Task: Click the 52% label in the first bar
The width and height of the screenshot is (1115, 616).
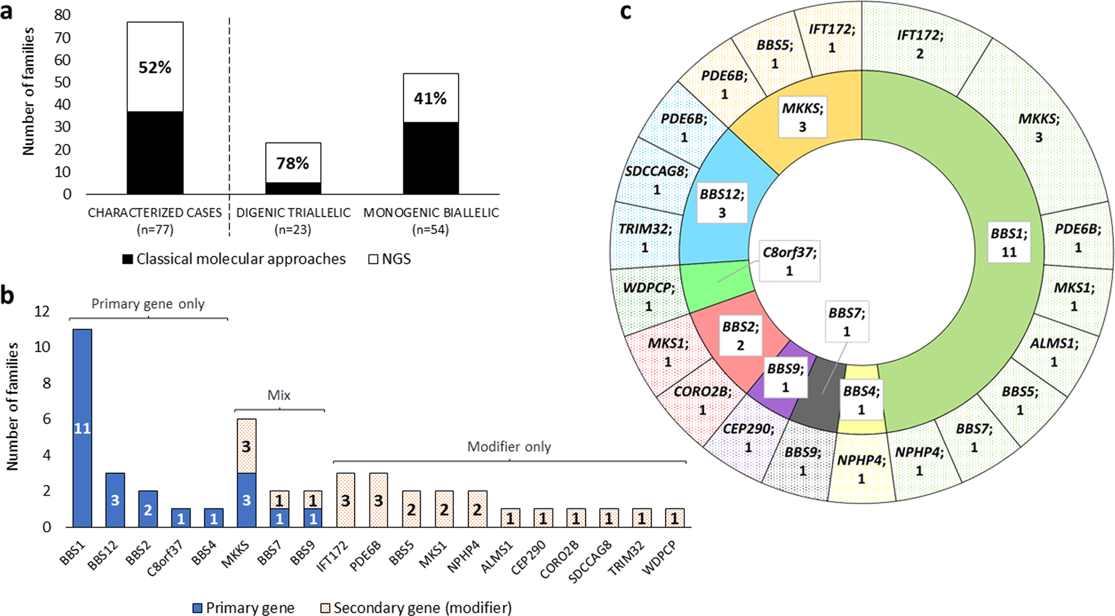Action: (x=155, y=68)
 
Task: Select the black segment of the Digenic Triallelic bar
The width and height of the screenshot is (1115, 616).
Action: (x=293, y=188)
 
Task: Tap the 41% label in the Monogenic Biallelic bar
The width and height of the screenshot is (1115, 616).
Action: (x=430, y=98)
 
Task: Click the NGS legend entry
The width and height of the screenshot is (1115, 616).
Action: (x=390, y=259)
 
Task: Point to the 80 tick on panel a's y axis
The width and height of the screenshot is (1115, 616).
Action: (x=62, y=15)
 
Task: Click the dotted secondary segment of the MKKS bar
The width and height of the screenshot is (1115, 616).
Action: (x=246, y=447)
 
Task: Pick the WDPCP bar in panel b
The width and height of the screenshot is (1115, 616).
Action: (x=675, y=518)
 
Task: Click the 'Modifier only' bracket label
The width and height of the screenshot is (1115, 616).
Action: (x=509, y=447)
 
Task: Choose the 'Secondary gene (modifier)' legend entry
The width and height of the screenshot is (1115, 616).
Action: (x=416, y=607)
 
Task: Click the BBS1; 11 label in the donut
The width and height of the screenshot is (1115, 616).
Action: (x=1008, y=242)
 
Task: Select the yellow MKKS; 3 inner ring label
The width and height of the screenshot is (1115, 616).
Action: (x=802, y=117)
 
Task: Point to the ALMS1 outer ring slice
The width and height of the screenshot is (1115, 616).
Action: (x=1054, y=352)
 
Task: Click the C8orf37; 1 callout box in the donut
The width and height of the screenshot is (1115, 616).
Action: (x=789, y=261)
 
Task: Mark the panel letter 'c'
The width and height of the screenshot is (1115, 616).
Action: (x=626, y=11)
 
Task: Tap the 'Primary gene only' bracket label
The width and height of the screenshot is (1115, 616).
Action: (x=148, y=304)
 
